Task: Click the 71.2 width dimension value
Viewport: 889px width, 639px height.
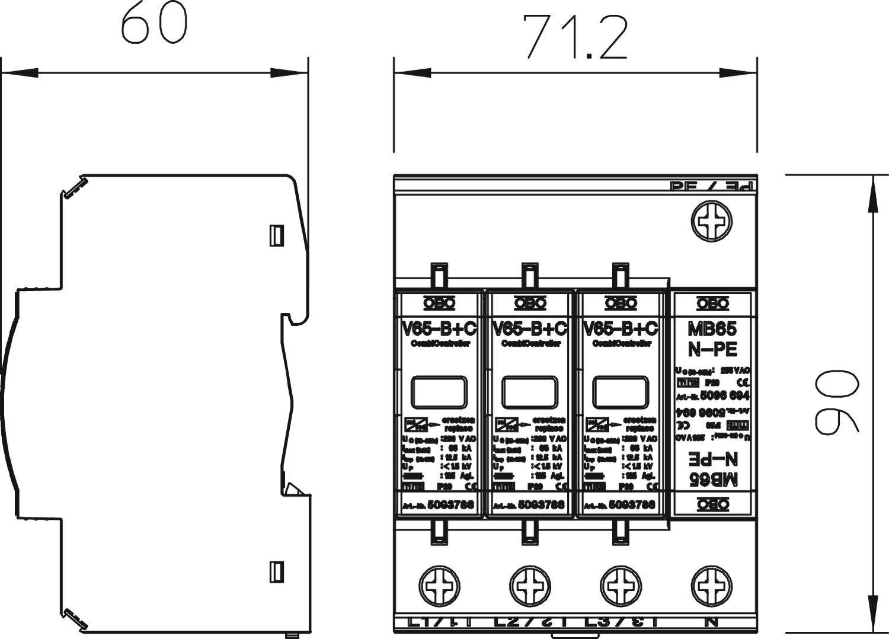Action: pos(575,37)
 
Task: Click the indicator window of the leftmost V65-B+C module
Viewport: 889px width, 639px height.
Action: pos(439,392)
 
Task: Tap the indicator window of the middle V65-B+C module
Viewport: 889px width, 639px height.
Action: pos(529,392)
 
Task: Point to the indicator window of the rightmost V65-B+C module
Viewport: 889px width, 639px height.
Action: pos(620,392)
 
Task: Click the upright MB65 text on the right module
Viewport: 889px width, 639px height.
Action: pos(712,328)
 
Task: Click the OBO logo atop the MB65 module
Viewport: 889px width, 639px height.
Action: pos(712,304)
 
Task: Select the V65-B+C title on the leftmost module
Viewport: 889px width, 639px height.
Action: pos(439,328)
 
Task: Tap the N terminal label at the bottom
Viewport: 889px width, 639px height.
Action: pos(712,622)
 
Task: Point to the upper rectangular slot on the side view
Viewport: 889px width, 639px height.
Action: pos(276,235)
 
